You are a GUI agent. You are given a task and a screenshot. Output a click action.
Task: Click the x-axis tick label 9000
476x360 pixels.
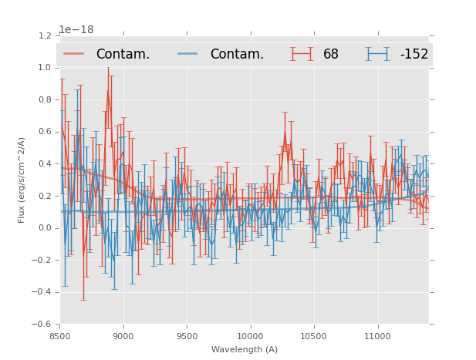pyautogui.click(x=123, y=336)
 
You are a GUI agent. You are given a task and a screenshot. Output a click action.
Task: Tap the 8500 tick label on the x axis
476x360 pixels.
pyautogui.click(x=60, y=336)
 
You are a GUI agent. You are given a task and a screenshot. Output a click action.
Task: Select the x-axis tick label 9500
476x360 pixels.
pyautogui.click(x=187, y=336)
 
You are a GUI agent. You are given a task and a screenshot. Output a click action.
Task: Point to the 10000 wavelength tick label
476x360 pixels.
pyautogui.click(x=250, y=336)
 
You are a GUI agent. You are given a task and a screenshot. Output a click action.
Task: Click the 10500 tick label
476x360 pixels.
pyautogui.click(x=313, y=336)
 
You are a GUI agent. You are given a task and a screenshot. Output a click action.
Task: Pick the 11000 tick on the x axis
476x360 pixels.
pyautogui.click(x=377, y=336)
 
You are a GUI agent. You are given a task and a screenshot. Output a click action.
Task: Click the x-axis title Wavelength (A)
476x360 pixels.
pyautogui.click(x=245, y=350)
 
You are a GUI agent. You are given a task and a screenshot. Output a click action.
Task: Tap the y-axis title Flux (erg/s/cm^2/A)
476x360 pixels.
pyautogui.click(x=22, y=180)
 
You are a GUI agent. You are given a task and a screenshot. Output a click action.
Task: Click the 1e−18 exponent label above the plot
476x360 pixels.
pyautogui.click(x=76, y=30)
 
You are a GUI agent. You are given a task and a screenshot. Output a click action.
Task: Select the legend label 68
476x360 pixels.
pyautogui.click(x=331, y=54)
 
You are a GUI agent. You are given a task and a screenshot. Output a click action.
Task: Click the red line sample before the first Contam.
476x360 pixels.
pyautogui.click(x=74, y=54)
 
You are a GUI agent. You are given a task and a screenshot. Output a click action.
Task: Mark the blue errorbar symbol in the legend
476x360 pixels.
pyautogui.click(x=377, y=54)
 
